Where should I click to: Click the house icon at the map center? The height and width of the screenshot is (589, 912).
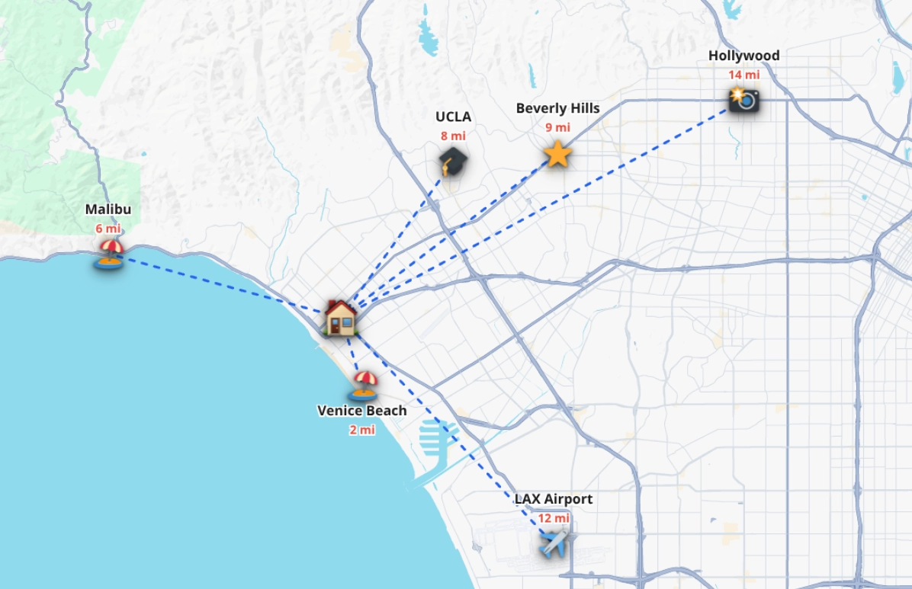(x=341, y=317)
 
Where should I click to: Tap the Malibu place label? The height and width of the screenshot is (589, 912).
(x=108, y=210)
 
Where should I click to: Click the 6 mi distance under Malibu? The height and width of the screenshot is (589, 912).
(x=108, y=229)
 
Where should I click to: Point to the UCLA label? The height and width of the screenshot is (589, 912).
(x=453, y=117)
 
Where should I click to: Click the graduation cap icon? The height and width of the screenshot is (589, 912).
(x=453, y=162)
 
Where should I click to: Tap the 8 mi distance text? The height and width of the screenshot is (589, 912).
(x=453, y=136)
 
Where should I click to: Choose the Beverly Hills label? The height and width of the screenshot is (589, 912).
(x=557, y=108)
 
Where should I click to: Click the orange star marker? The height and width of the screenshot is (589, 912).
(x=557, y=154)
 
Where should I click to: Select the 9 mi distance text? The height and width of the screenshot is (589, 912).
(x=557, y=127)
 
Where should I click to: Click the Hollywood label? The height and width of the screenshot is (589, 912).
(x=743, y=56)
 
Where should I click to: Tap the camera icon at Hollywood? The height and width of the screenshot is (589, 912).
(x=743, y=99)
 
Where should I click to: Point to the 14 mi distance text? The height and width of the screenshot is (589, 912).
(x=743, y=75)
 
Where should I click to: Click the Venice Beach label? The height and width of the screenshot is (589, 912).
(x=362, y=411)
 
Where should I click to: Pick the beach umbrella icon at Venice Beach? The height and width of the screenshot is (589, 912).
(x=364, y=385)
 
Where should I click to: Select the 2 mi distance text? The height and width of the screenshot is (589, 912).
(x=362, y=430)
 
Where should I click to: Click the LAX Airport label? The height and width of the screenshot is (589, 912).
(x=553, y=499)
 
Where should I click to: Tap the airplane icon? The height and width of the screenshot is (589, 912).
(x=554, y=543)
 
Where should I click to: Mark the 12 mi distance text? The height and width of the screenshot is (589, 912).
(x=554, y=518)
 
